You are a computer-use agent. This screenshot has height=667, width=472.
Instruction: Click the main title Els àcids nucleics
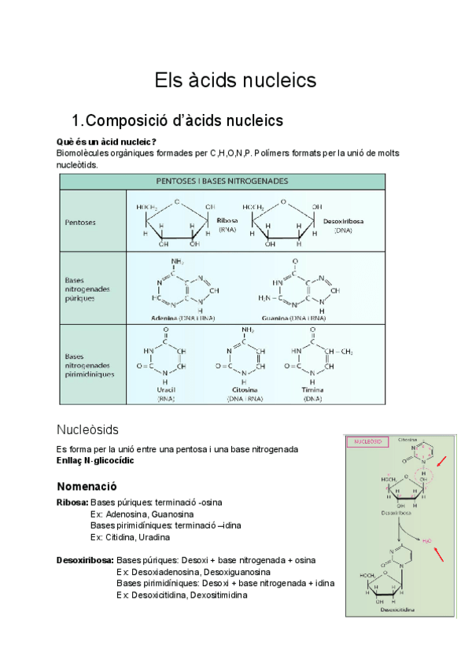pos(235,80)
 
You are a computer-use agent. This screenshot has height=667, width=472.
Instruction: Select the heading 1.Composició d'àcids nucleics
pos(177,120)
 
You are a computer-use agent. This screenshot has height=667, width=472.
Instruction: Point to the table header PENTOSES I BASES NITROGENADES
pos(222,181)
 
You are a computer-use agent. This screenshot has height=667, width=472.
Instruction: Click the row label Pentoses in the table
pos(81,223)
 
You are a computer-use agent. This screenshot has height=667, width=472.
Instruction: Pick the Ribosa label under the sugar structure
pos(227,221)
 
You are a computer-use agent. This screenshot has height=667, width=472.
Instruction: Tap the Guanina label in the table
pos(278,318)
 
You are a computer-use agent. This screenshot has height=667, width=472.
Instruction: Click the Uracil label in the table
pos(165,390)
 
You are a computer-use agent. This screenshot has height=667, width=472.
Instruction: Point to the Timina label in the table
pos(312,390)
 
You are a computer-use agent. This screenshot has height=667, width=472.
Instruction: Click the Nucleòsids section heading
pos(87,429)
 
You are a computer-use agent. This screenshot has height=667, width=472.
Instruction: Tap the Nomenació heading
pos(87,486)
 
